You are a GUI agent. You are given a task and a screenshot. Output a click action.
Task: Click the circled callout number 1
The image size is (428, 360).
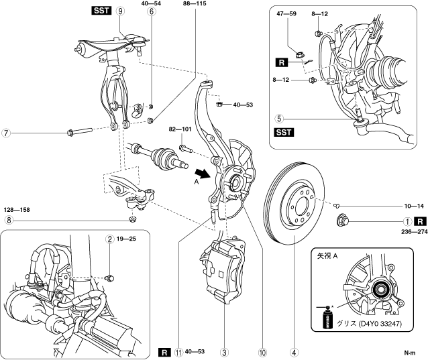tap(407, 221)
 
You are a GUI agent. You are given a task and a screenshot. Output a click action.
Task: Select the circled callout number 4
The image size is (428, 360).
tap(293, 350)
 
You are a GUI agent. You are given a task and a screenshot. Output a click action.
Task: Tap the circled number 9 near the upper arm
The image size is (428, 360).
tap(120, 11)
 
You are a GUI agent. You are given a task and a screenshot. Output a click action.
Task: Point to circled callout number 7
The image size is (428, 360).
tap(6, 132)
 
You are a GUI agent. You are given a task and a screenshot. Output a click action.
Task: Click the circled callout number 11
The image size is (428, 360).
tap(179, 350)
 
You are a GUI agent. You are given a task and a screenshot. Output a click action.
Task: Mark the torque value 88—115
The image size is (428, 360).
tap(195, 4)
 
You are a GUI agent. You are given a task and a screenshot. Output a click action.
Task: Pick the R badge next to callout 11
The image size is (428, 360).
tap(164, 350)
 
